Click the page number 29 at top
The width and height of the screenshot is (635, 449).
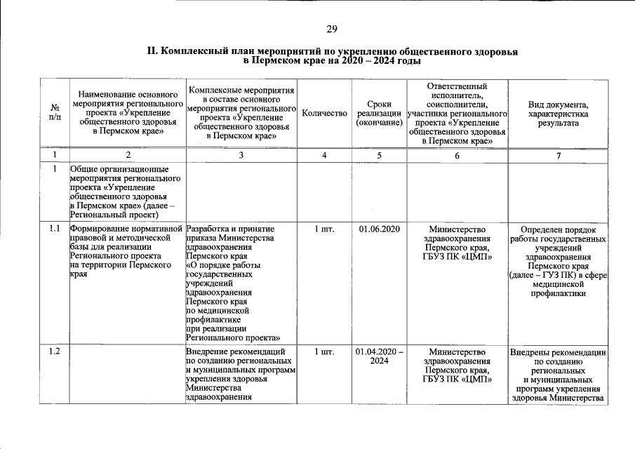(x=331, y=29)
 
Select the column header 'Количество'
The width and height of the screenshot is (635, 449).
(x=324, y=113)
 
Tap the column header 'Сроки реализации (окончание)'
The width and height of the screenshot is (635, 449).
(x=379, y=113)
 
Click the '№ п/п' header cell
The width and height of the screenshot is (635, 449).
(x=54, y=113)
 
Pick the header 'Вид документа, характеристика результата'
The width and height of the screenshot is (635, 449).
(x=559, y=113)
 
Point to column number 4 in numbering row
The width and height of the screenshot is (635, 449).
(x=324, y=156)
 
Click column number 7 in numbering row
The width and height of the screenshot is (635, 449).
(x=559, y=156)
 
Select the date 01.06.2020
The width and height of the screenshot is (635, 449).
(x=379, y=229)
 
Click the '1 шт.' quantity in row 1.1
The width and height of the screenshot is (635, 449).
(x=324, y=229)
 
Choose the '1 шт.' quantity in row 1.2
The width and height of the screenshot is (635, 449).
(x=324, y=351)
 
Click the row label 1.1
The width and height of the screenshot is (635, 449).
(x=55, y=229)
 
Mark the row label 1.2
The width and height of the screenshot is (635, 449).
(x=55, y=351)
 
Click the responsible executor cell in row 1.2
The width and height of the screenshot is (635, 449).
(x=457, y=366)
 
